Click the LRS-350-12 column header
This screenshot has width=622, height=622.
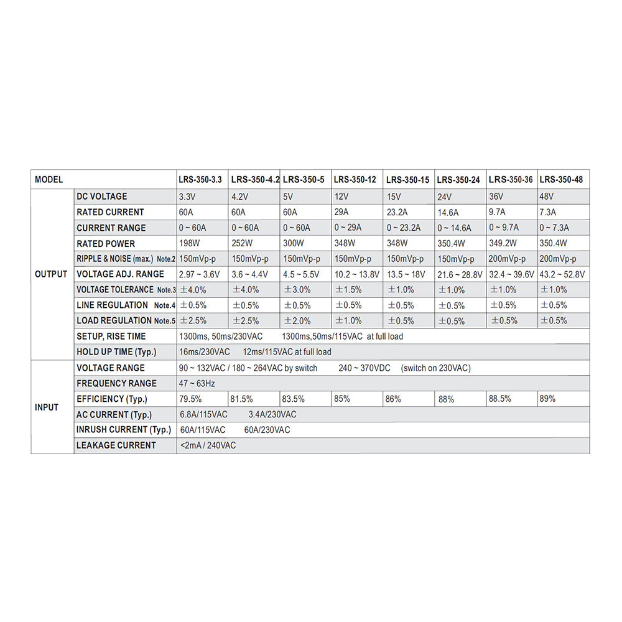point(355,180)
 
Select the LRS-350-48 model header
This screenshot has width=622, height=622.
point(561,180)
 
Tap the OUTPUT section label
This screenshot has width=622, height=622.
point(51,274)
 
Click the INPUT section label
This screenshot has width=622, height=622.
point(47,407)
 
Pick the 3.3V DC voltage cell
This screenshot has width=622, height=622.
point(187,197)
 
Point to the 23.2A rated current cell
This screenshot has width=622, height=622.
point(397,212)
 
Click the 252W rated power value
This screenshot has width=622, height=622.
point(241,243)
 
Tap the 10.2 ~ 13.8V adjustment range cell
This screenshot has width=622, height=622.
point(356,274)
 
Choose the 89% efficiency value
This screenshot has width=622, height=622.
point(547,399)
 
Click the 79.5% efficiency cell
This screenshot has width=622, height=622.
point(190,399)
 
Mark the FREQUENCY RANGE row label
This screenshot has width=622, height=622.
point(117,383)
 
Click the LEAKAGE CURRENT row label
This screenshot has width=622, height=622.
point(116,445)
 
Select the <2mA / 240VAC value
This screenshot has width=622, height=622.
point(208,445)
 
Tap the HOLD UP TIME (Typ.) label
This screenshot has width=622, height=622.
point(116,352)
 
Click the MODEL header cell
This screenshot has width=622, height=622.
point(49,180)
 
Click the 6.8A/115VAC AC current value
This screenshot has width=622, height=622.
point(203,414)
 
